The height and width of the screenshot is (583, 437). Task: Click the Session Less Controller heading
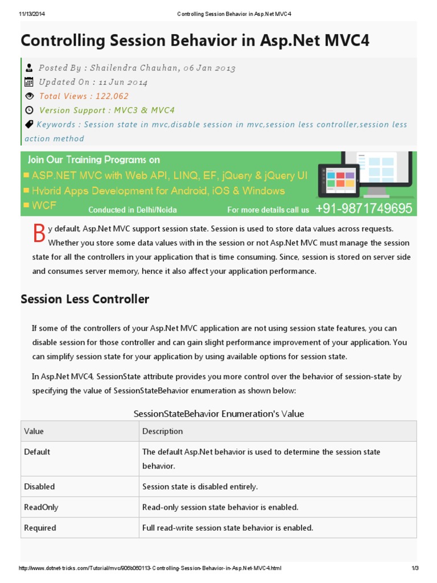[85, 299]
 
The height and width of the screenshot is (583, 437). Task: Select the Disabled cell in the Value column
[39, 487]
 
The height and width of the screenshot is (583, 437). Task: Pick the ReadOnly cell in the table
[41, 507]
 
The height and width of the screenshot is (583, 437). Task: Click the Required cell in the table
[40, 528]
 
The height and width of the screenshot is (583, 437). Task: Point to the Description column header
[163, 431]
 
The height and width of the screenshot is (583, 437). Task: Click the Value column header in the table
[34, 431]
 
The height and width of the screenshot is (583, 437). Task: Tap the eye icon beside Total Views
[30, 96]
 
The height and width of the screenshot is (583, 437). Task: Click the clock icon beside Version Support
[30, 110]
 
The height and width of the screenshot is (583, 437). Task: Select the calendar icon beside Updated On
[30, 82]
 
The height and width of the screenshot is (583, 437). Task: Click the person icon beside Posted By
[30, 68]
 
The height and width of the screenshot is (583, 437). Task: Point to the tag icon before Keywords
[29, 124]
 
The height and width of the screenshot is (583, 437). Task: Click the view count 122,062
[112, 96]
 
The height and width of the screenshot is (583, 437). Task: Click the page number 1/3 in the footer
[415, 569]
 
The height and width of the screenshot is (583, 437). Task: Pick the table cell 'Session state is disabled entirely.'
[200, 487]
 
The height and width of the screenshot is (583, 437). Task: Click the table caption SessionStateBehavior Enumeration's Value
[218, 413]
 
